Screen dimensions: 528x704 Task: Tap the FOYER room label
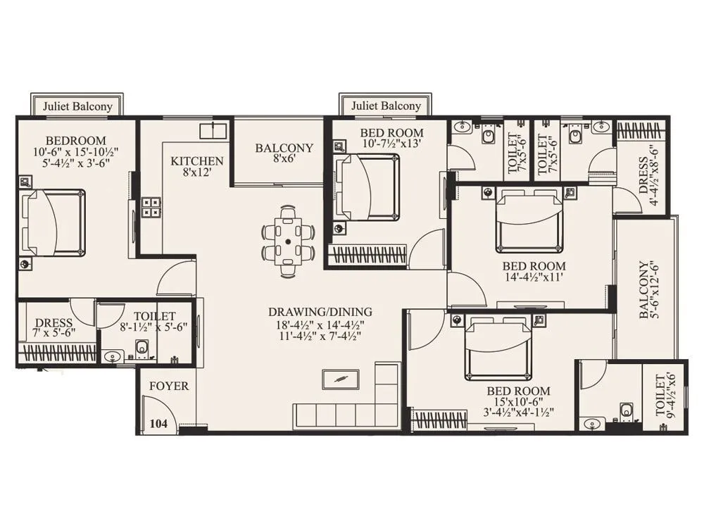169,386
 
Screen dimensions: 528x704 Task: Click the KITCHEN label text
197,161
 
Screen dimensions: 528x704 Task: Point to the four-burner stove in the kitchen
151,206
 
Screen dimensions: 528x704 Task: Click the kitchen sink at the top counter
212,131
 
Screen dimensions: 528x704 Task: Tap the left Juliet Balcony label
77,106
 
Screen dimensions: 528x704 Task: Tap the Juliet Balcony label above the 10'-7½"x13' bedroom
386,106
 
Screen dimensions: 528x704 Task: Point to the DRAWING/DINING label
320,312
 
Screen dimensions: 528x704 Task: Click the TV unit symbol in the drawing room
340,379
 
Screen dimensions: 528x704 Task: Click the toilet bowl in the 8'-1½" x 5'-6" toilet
142,347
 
